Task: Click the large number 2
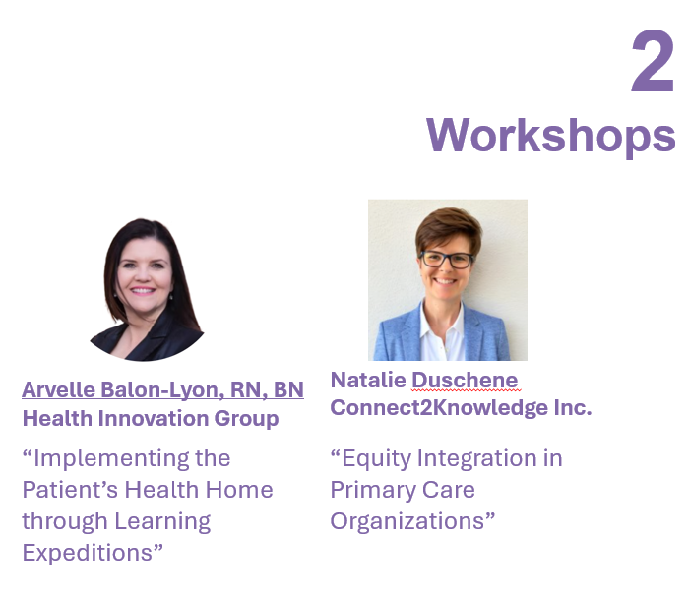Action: tap(653, 61)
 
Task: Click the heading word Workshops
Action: tap(550, 137)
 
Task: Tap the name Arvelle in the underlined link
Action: tap(59, 389)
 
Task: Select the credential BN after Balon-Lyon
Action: tap(288, 389)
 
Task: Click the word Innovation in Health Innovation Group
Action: tap(154, 418)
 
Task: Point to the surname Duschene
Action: tap(465, 380)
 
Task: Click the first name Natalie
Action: tap(368, 380)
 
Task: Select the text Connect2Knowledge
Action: tap(439, 408)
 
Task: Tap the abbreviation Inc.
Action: tap(573, 408)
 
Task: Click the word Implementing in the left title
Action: tap(111, 459)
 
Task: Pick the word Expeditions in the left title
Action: tap(88, 553)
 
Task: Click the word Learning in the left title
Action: tap(162, 522)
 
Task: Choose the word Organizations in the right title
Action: tap(407, 522)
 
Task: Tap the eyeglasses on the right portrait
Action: tap(447, 259)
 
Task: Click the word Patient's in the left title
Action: tap(70, 490)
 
